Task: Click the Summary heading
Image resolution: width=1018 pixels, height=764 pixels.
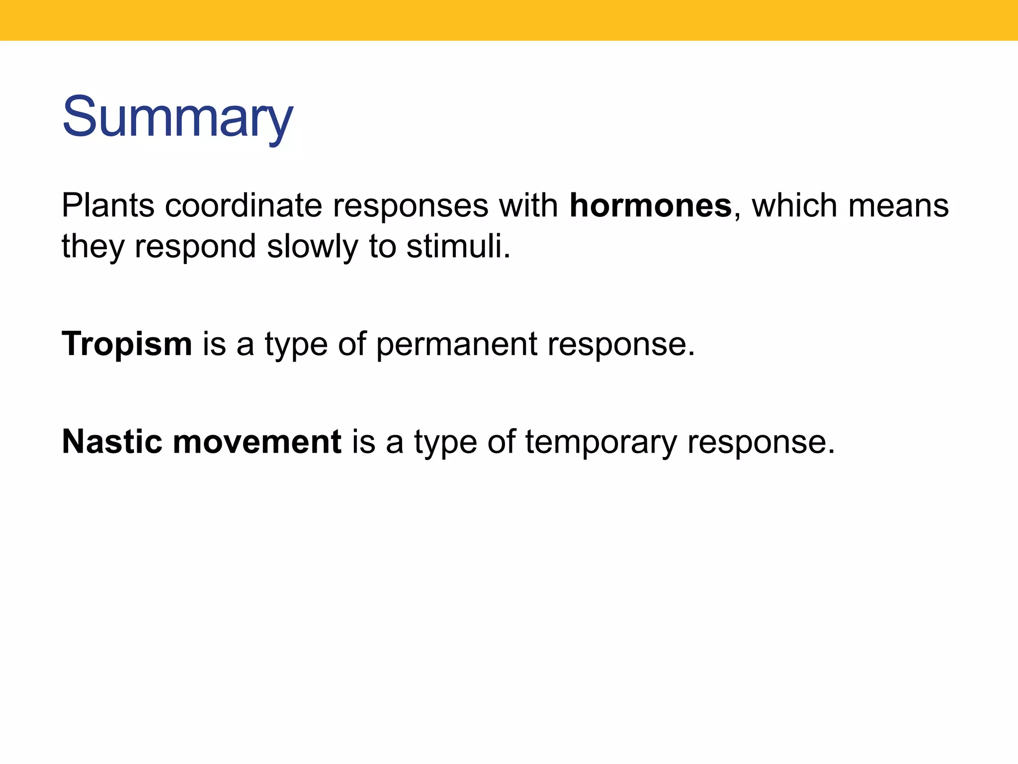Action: [177, 117]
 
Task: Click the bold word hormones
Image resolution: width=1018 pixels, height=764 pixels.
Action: [650, 205]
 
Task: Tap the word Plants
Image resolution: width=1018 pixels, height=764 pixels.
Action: [108, 205]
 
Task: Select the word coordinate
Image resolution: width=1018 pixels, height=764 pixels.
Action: [243, 205]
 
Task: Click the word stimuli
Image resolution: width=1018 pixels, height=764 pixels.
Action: [458, 247]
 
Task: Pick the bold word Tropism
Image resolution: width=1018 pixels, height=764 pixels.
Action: [127, 344]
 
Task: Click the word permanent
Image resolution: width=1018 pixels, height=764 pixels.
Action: [456, 344]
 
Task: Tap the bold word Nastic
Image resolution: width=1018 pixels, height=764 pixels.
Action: [112, 442]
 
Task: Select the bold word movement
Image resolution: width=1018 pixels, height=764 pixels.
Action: [257, 442]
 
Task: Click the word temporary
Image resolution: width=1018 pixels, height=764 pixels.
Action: [600, 442]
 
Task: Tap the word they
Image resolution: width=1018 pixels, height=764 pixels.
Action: [92, 247]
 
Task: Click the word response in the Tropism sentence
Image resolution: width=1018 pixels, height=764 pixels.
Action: [621, 344]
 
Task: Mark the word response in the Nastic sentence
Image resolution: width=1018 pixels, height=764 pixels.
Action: [761, 442]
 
